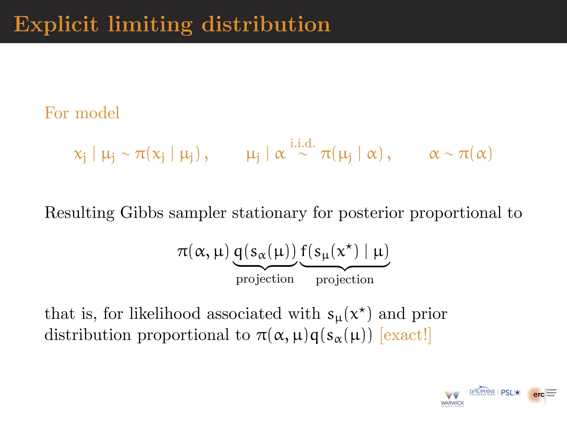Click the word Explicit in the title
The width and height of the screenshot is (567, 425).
click(x=56, y=24)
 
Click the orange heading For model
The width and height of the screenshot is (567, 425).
click(x=82, y=113)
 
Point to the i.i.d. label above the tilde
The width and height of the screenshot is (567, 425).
click(x=302, y=144)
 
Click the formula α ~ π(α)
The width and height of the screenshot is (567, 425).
click(x=460, y=154)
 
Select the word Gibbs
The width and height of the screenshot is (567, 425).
click(x=141, y=213)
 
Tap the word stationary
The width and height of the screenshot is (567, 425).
click(x=269, y=213)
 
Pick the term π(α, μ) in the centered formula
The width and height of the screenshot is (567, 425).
click(x=203, y=251)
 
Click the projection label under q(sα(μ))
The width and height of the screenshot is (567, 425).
click(x=265, y=279)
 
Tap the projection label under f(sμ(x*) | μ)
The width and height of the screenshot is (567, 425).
click(x=345, y=279)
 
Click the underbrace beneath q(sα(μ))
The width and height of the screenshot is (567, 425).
click(x=265, y=266)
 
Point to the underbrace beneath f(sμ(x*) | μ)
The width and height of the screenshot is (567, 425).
click(x=345, y=267)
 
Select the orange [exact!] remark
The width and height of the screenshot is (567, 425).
click(x=406, y=335)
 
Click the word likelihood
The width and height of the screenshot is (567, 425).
click(x=165, y=314)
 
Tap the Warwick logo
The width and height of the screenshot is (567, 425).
click(x=452, y=399)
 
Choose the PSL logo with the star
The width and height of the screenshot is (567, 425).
click(x=511, y=393)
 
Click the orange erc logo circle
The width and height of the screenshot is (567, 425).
click(x=535, y=395)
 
